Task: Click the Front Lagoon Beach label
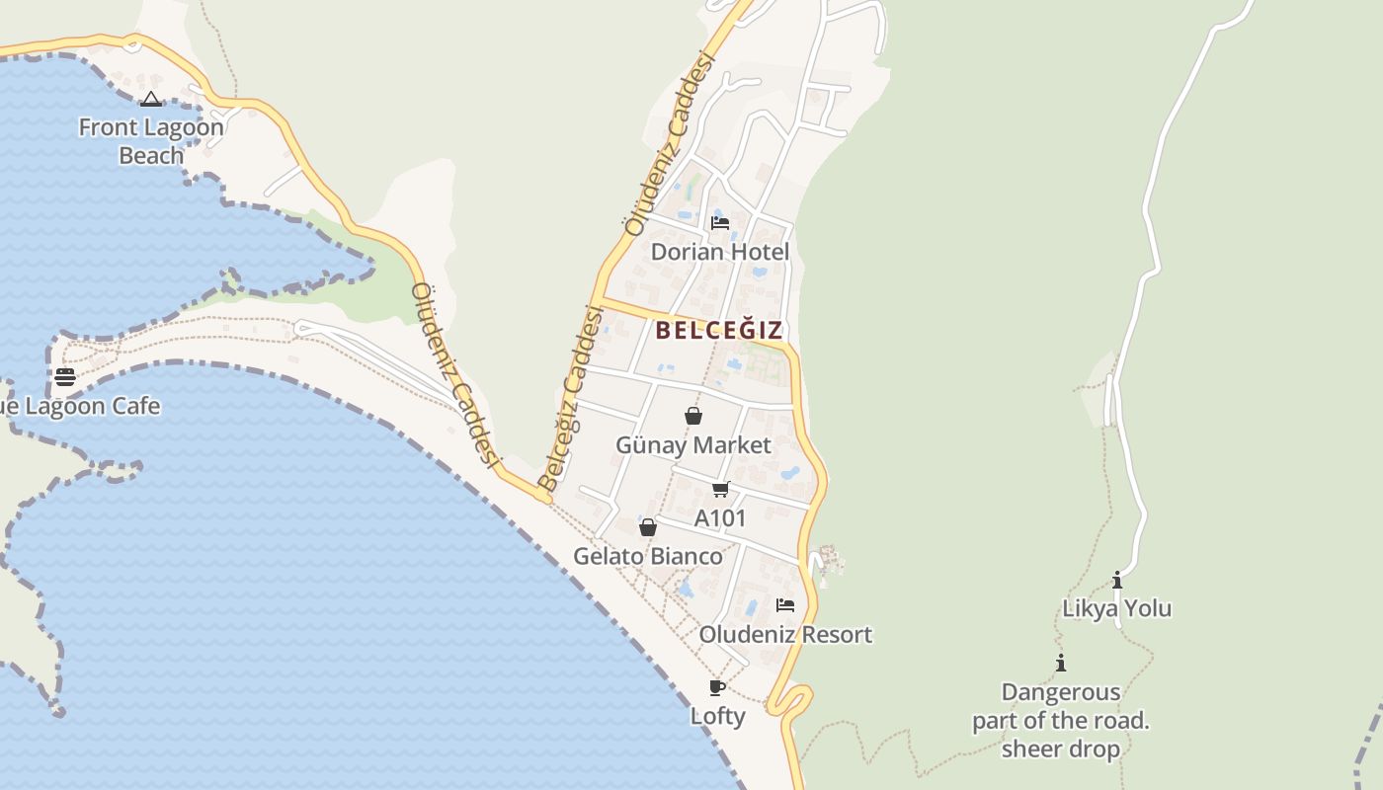(x=151, y=141)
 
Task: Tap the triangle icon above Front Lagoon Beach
(x=150, y=99)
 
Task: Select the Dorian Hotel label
(x=719, y=252)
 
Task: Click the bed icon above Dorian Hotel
(x=720, y=223)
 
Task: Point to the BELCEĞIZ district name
(x=719, y=331)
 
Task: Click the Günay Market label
(x=692, y=445)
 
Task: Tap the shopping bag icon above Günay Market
(x=693, y=416)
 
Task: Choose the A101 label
(x=720, y=518)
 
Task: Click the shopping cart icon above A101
(x=721, y=489)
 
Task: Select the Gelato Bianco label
(x=648, y=557)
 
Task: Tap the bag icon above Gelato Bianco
(x=648, y=528)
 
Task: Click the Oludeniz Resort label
(x=785, y=634)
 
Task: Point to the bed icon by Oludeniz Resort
(x=785, y=604)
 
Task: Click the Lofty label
(x=717, y=716)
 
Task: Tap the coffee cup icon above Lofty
(x=717, y=687)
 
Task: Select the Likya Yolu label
(x=1116, y=608)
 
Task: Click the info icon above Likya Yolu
(x=1117, y=580)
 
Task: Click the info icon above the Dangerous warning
(x=1061, y=663)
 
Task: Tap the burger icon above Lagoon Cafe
(x=65, y=376)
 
